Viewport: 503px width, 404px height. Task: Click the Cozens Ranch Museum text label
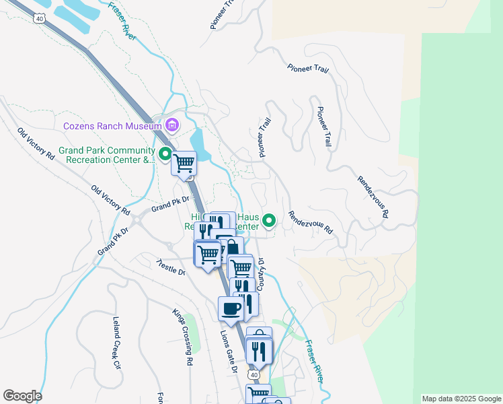112,126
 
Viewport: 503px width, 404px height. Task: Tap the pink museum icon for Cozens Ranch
172,125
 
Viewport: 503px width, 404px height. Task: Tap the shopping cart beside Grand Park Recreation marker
184,163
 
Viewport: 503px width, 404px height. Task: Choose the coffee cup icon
231,309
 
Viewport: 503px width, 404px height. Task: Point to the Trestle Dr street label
170,267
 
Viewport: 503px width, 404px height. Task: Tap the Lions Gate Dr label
229,351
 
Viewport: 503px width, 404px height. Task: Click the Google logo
22,396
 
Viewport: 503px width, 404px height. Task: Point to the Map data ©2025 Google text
461,399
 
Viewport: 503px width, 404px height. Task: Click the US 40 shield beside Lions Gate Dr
252,374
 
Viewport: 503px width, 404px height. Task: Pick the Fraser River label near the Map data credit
315,361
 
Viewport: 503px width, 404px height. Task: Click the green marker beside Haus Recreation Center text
269,220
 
